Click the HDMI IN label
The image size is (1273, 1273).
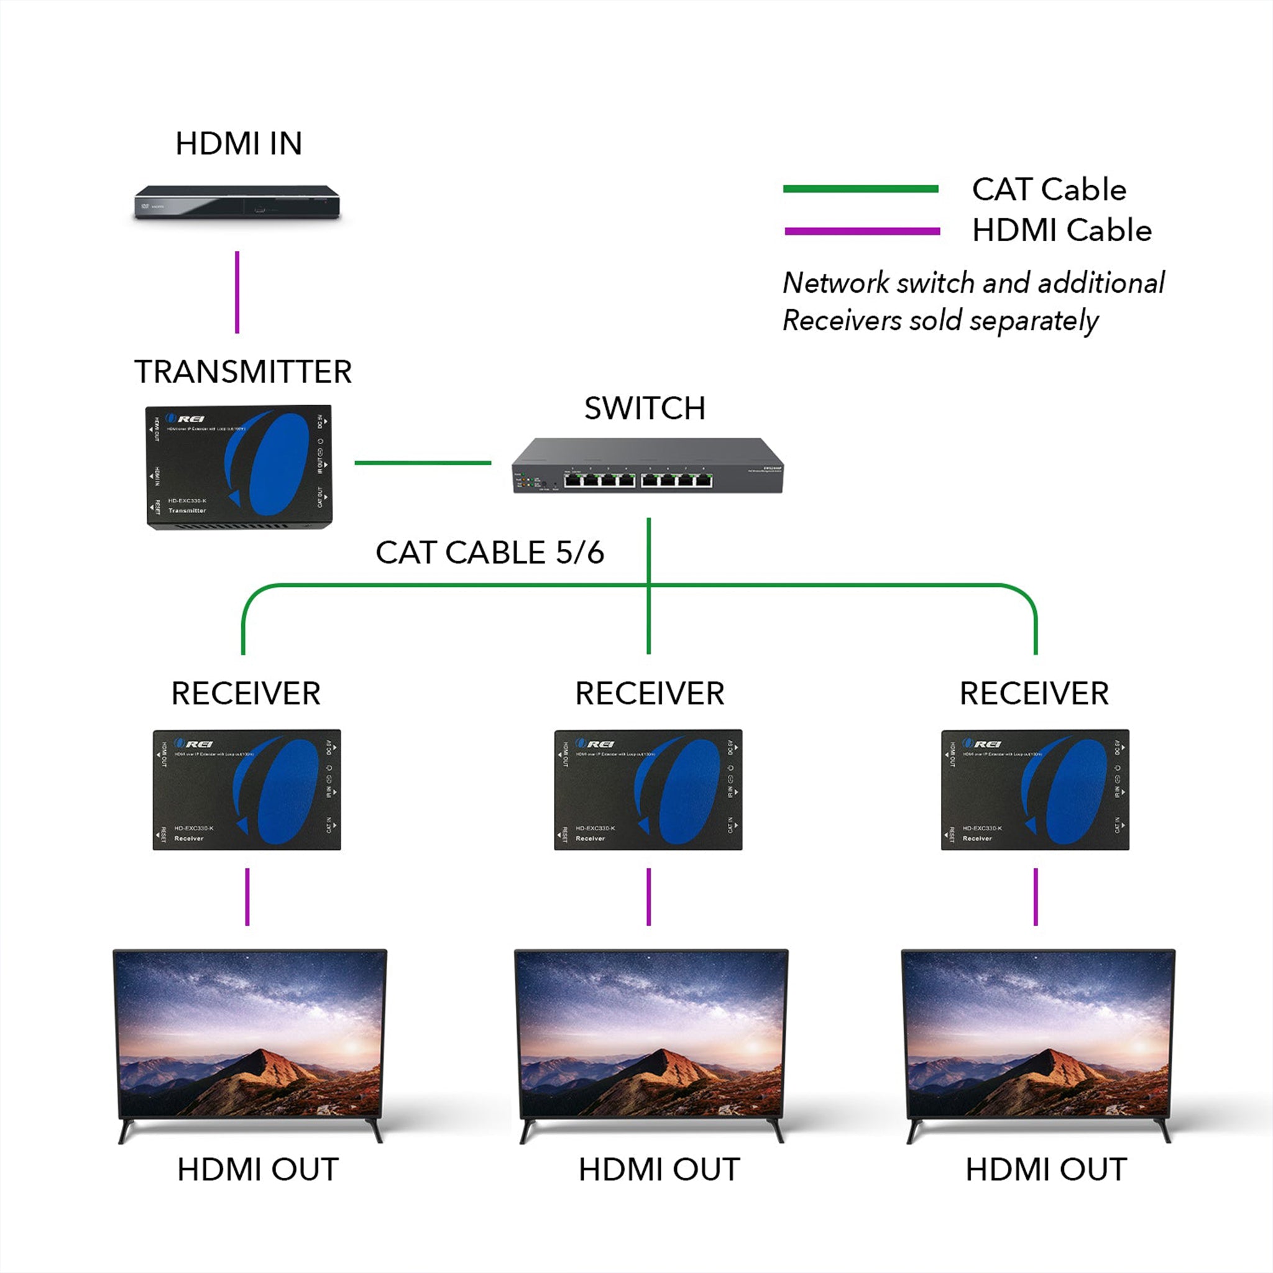click(239, 144)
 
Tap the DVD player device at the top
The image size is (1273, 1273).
click(237, 202)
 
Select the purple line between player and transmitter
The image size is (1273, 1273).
click(237, 292)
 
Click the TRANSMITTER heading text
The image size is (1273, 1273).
click(242, 372)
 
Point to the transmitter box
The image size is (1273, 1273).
click(239, 467)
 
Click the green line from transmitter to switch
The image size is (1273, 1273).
click(422, 462)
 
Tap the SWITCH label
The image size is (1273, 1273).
click(645, 408)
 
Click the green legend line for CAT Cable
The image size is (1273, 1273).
click(860, 189)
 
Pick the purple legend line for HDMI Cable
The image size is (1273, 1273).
click(862, 231)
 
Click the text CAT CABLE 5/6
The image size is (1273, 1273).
click(490, 552)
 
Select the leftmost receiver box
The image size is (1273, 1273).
click(246, 789)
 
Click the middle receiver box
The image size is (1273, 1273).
click(648, 789)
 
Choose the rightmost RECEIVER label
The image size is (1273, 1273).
click(1034, 694)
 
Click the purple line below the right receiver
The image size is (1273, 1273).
click(1036, 897)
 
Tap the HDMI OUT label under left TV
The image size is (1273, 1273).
click(257, 1170)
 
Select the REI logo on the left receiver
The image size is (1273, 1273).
click(194, 744)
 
